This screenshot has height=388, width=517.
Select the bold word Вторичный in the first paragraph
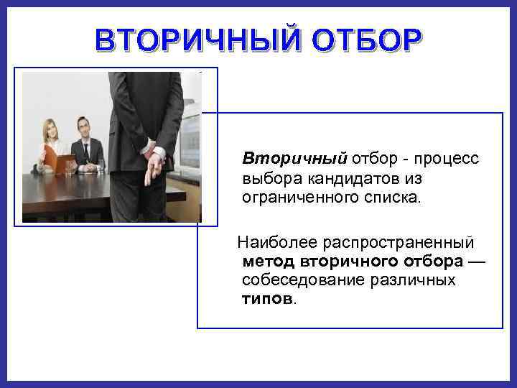pos(294,158)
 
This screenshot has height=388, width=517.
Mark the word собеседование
pos(305,280)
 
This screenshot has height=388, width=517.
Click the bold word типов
pos(266,298)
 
